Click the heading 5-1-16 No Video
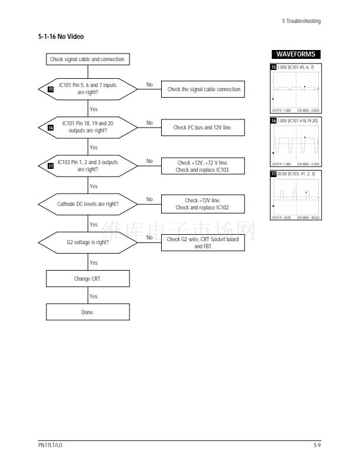(x=62, y=37)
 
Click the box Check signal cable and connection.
(x=88, y=59)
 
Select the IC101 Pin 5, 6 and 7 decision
(x=88, y=89)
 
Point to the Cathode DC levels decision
(x=88, y=204)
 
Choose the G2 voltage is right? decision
(x=88, y=242)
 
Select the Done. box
(x=88, y=312)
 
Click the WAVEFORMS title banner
(x=295, y=55)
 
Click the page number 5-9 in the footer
(x=317, y=446)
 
